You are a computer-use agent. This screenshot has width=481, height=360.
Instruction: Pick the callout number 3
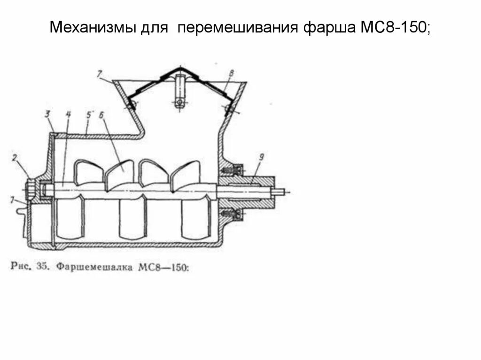click(x=48, y=114)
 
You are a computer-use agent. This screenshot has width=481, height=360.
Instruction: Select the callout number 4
click(x=68, y=114)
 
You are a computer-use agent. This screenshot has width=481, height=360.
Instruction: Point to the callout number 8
click(x=231, y=73)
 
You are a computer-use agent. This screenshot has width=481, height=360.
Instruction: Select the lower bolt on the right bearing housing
click(x=231, y=213)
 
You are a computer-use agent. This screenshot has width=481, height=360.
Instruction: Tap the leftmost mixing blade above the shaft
click(x=89, y=171)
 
